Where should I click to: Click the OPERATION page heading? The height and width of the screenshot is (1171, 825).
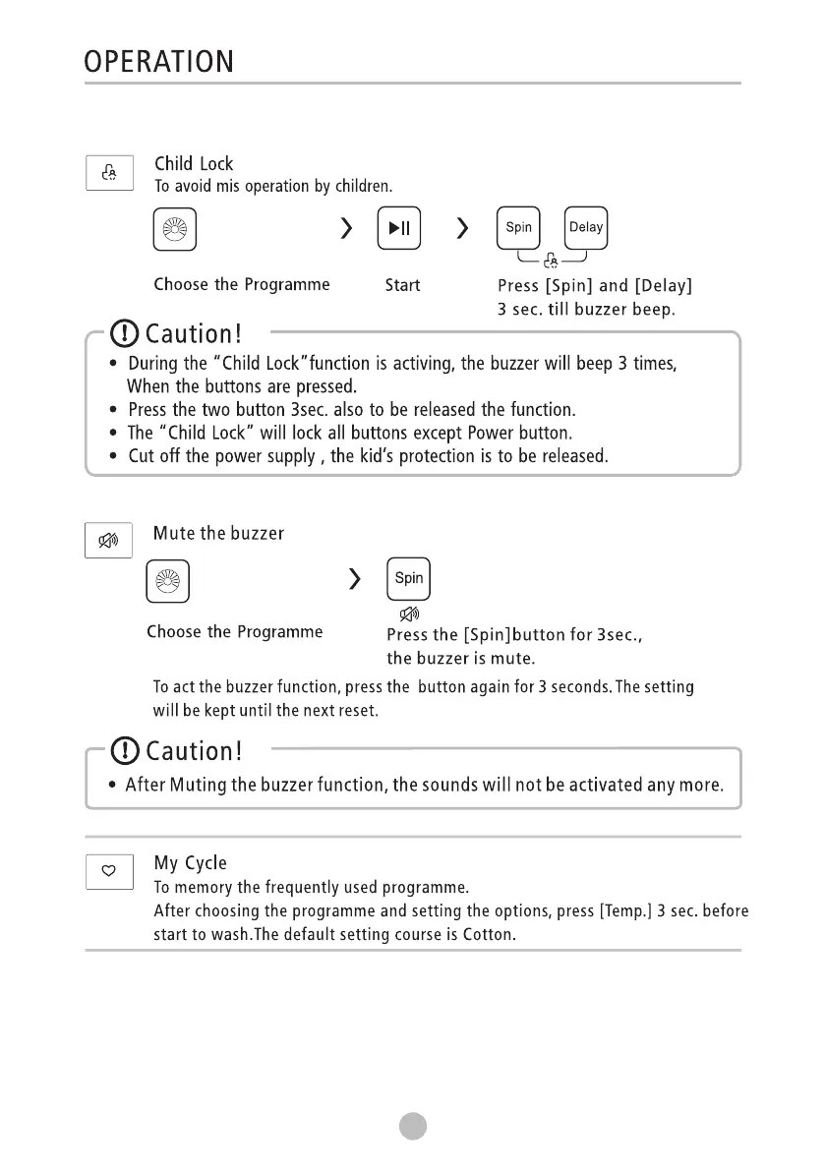pyautogui.click(x=159, y=62)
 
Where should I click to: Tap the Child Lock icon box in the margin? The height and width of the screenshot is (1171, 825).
pyautogui.click(x=109, y=173)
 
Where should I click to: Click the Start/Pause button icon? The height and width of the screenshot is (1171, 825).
pyautogui.click(x=399, y=229)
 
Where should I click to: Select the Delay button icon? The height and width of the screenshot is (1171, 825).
pyautogui.click(x=586, y=228)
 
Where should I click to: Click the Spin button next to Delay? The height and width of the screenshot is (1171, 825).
pyautogui.click(x=518, y=228)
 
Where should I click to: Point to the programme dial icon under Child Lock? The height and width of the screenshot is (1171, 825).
pyautogui.click(x=175, y=230)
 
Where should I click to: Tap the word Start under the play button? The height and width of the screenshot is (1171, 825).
pyautogui.click(x=402, y=285)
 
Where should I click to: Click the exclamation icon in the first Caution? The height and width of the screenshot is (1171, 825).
pyautogui.click(x=125, y=334)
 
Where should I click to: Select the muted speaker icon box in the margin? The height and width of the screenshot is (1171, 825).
pyautogui.click(x=108, y=540)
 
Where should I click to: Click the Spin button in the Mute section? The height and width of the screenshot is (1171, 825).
pyautogui.click(x=409, y=579)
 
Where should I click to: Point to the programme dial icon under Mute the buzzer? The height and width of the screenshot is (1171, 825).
pyautogui.click(x=168, y=580)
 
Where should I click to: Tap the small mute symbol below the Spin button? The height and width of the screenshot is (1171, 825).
pyautogui.click(x=409, y=615)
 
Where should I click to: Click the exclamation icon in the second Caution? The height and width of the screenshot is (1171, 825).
pyautogui.click(x=125, y=751)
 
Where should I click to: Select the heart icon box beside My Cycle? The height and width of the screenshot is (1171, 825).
pyautogui.click(x=109, y=870)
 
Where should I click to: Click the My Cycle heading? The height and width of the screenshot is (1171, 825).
pyautogui.click(x=190, y=863)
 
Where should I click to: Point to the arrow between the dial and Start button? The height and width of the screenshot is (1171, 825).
pyautogui.click(x=346, y=230)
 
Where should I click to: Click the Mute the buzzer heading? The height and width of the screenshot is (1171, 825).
pyautogui.click(x=218, y=534)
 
